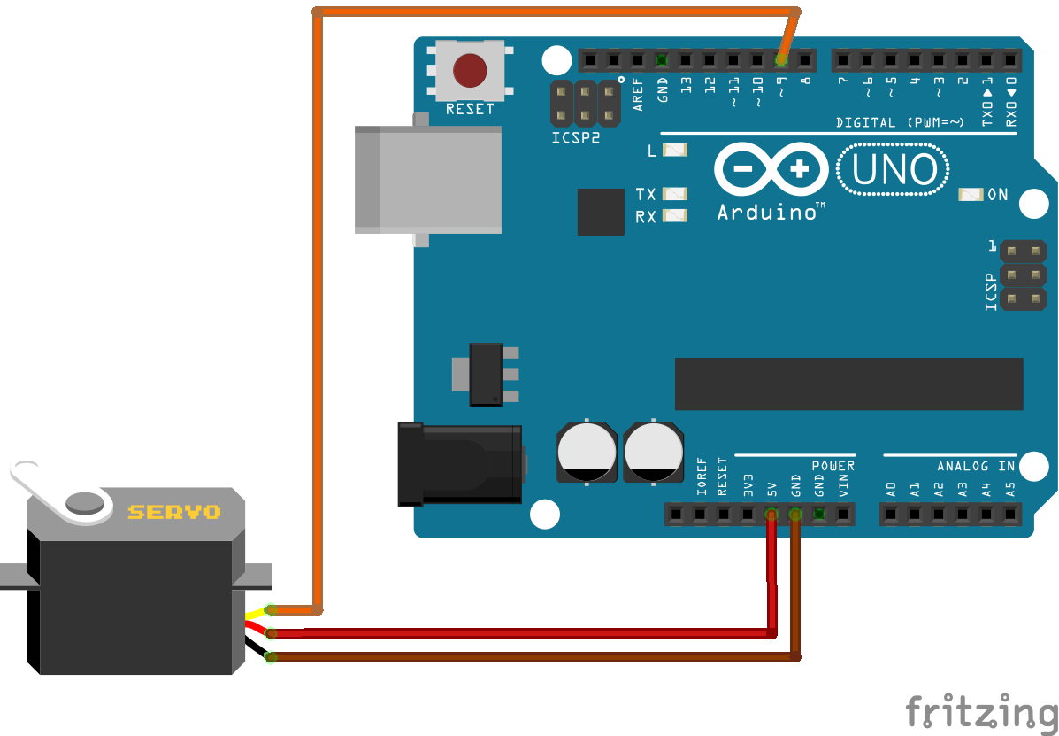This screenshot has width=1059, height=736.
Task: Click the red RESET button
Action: coord(470,70)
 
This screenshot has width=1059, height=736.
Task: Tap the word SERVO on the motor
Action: coord(174,512)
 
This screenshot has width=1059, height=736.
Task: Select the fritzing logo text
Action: coord(981,711)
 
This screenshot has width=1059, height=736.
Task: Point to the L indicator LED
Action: coord(675,151)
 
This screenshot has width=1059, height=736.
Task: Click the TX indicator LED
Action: coord(675,193)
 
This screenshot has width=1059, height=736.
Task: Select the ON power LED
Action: coord(971,194)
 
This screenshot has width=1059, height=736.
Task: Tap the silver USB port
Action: coord(428,180)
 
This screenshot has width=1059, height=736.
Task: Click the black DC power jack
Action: coord(460,464)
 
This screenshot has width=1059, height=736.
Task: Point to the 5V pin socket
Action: coord(771,514)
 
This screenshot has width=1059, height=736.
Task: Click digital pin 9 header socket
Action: coord(780,60)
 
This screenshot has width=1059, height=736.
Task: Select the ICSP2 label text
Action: coord(576,138)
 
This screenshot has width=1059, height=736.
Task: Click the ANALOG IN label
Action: coord(976,466)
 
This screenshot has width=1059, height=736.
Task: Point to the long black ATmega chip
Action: coord(848,383)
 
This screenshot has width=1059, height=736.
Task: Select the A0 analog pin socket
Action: coord(891,514)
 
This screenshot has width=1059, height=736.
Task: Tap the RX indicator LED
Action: coord(675,215)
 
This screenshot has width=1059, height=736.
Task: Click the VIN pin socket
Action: coord(843,514)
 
